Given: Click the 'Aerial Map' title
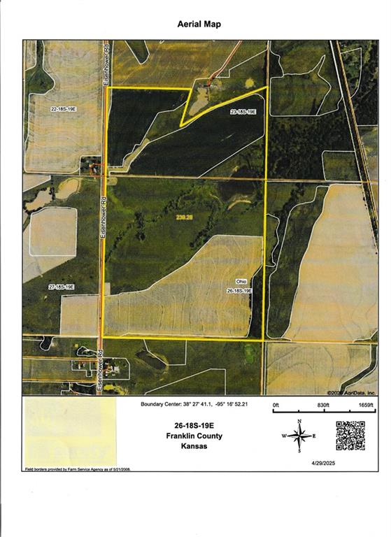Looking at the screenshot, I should click(199, 24).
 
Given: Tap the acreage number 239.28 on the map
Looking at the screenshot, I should click(184, 218).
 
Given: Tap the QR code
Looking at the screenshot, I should click(350, 435).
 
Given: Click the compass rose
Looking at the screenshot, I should click(299, 436).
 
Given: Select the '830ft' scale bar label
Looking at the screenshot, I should click(322, 406).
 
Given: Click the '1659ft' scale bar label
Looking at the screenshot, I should click(366, 406).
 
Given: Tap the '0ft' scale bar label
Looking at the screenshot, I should click(276, 406).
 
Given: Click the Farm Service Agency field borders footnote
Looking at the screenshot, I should click(78, 469).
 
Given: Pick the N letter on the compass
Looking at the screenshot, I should click(299, 421).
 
